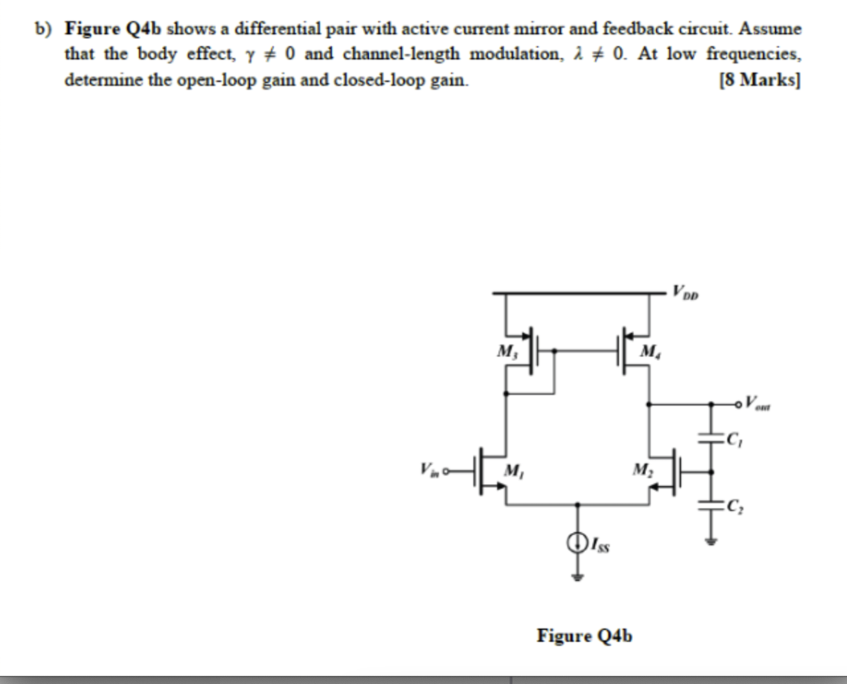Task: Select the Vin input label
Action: click(x=430, y=471)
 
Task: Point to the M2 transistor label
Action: click(x=642, y=470)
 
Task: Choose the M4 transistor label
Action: click(x=652, y=353)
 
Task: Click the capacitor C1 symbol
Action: click(x=710, y=439)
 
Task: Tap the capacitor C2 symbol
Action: click(x=710, y=505)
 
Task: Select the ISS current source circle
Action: click(x=577, y=543)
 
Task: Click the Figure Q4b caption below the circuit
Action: click(x=585, y=635)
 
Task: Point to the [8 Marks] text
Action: click(x=760, y=81)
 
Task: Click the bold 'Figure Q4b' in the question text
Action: click(x=117, y=29)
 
